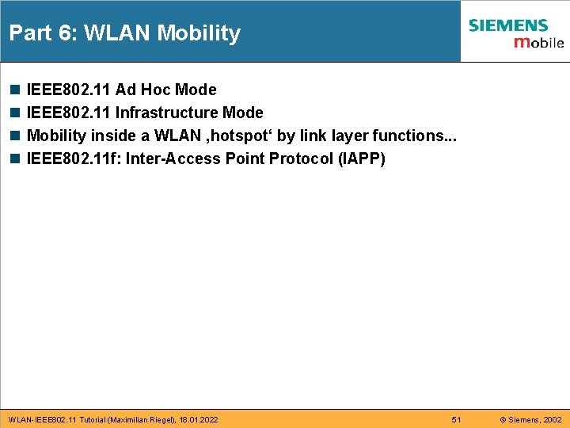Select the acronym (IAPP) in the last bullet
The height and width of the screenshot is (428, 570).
(x=361, y=159)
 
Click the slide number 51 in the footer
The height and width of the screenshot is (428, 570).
(x=456, y=418)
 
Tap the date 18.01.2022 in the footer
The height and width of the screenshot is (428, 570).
(x=199, y=418)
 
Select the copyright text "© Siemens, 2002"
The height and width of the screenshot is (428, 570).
(x=530, y=418)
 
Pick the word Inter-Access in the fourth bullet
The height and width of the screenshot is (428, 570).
(x=173, y=159)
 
